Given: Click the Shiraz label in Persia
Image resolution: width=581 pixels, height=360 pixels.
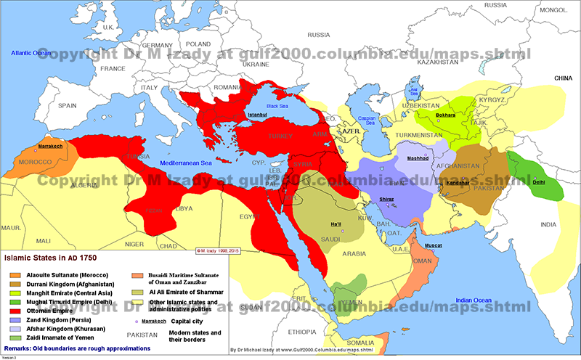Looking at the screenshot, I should click(x=387, y=199).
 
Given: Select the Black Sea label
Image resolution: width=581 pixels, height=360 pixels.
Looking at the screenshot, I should click(x=277, y=106).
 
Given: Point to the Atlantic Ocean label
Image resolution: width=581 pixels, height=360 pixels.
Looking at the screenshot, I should click(x=31, y=53).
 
